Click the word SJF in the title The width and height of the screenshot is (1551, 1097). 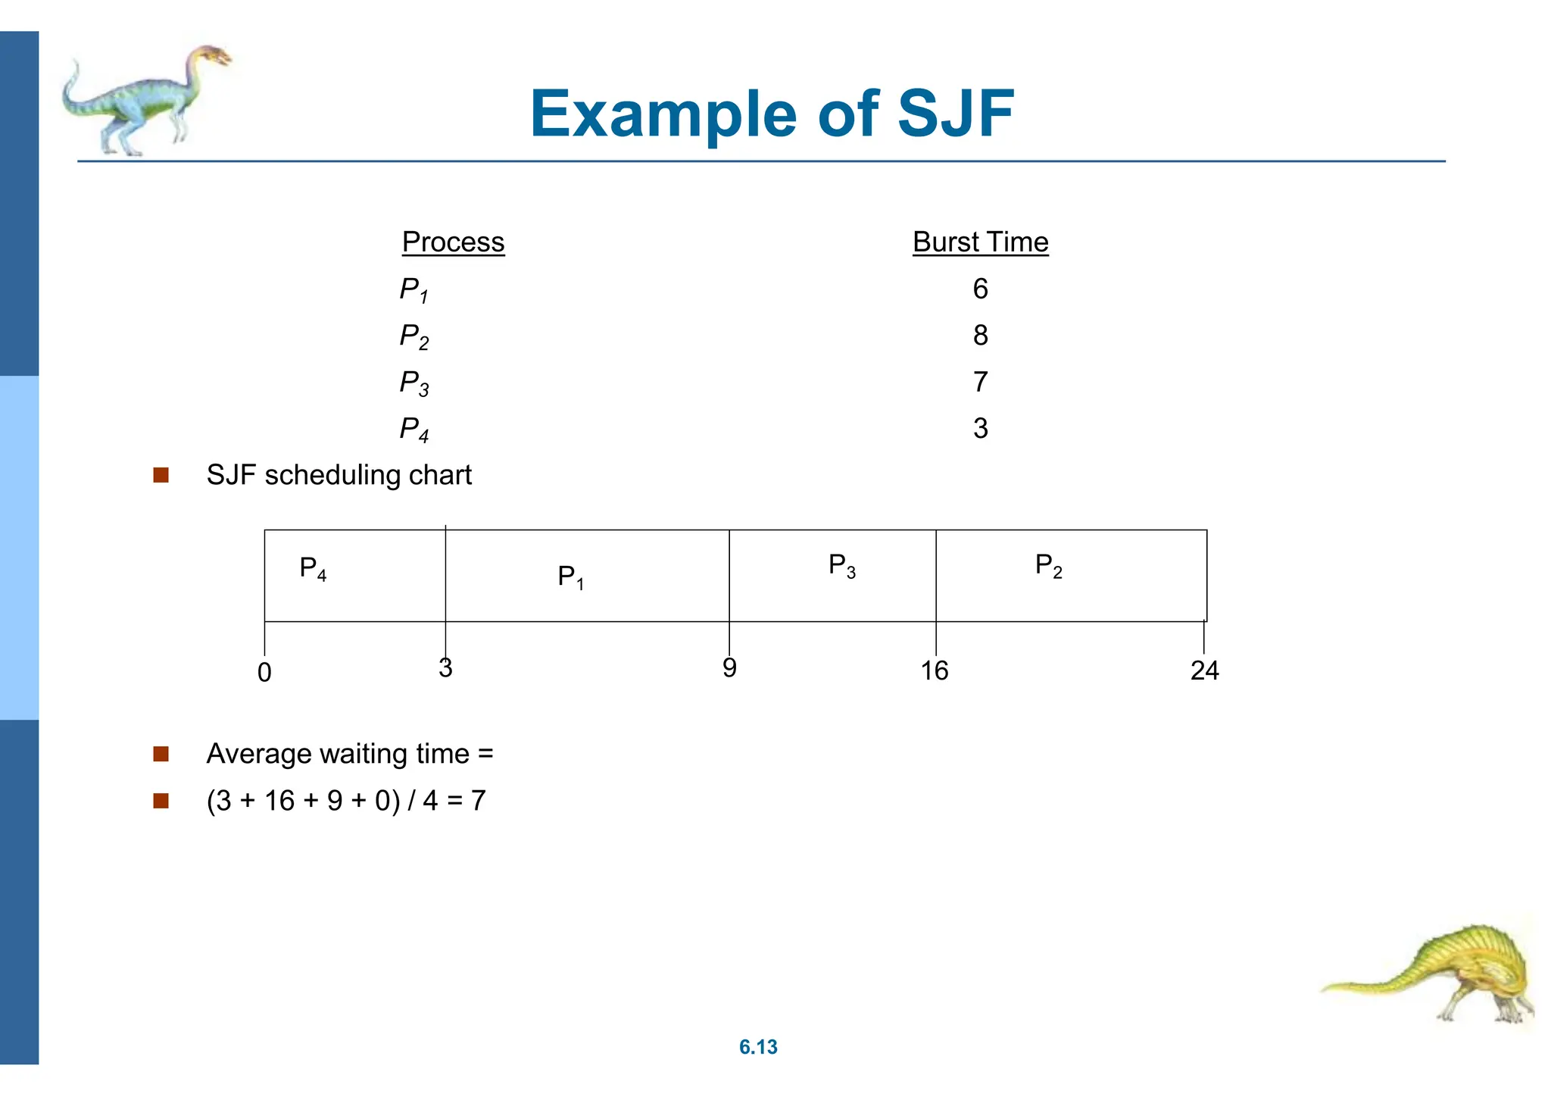pyautogui.click(x=955, y=114)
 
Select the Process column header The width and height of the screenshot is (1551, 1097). pyautogui.click(x=453, y=242)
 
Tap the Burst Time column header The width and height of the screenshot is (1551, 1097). pyautogui.click(x=980, y=242)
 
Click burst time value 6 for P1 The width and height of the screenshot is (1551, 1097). pyautogui.click(x=980, y=289)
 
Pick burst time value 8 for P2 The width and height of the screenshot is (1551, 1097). pyautogui.click(x=980, y=335)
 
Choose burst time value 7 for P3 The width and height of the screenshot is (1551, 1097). pyautogui.click(x=980, y=382)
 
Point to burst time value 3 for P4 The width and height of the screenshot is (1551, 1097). pyautogui.click(x=980, y=429)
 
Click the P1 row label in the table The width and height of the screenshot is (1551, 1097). pyautogui.click(x=413, y=290)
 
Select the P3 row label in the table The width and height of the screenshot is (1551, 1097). pyautogui.click(x=413, y=383)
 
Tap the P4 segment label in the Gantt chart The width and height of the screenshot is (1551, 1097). pyautogui.click(x=313, y=568)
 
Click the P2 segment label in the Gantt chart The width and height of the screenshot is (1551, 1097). pyautogui.click(x=1048, y=566)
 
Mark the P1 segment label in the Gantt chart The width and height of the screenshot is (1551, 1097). pyautogui.click(x=570, y=577)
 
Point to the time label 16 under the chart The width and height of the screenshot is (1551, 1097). pyautogui.click(x=935, y=671)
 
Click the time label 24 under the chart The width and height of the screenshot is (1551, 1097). pyautogui.click(x=1204, y=671)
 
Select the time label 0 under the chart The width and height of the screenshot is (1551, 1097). pyautogui.click(x=264, y=673)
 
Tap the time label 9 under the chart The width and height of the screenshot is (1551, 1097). pyautogui.click(x=729, y=668)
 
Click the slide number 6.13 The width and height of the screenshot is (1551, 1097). pyautogui.click(x=758, y=1047)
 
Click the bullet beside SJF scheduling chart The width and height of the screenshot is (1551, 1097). pyautogui.click(x=161, y=475)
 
